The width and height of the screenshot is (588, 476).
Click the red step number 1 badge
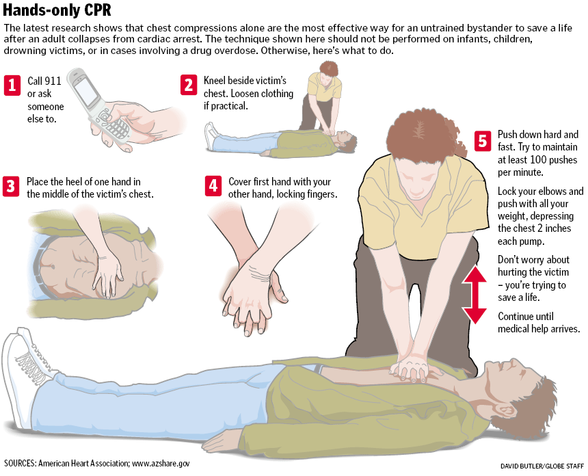12,85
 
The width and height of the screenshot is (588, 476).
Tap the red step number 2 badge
189,85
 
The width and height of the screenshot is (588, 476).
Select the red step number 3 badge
11,187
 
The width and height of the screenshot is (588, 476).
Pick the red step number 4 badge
213,185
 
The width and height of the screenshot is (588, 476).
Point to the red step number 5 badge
483,142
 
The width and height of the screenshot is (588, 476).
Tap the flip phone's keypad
113,127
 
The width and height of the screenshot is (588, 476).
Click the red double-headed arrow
475,295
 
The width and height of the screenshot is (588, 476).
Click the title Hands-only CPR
57,10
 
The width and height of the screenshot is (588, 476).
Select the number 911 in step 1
53,81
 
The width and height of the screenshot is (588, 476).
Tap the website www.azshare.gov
161,464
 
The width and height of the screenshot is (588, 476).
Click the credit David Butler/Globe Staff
542,466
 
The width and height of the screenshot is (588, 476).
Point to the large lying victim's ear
505,409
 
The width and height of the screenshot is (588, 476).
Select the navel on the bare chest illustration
53,267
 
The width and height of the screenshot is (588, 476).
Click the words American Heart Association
83,464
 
